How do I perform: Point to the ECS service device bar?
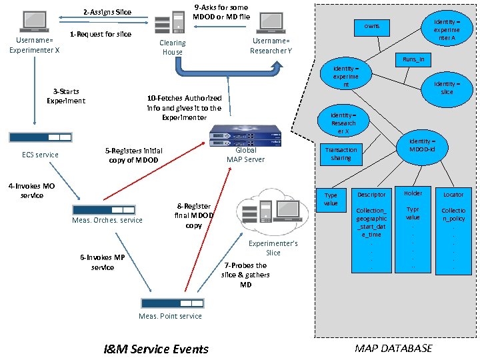40,137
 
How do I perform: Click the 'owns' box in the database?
372,27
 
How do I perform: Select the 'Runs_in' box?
413,60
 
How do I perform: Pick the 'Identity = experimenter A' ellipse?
446,30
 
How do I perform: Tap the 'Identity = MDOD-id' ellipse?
422,145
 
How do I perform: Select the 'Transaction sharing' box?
341,154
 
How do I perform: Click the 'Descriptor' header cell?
371,195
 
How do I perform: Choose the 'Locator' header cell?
453,195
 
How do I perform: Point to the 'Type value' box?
331,199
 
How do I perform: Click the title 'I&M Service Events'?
156,349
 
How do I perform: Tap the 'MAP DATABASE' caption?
393,348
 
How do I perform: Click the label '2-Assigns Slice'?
107,12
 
